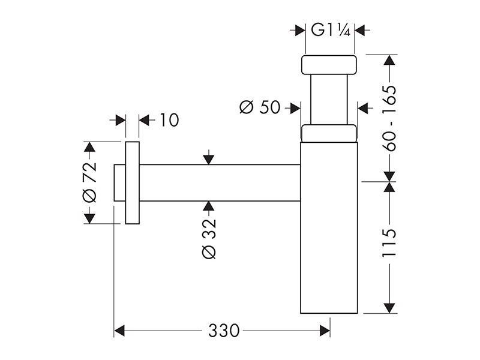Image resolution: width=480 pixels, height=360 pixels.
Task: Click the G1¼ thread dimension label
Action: (x=331, y=30)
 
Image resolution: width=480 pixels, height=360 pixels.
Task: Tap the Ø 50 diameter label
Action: (x=260, y=107)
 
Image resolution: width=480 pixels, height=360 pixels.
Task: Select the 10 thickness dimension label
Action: (x=169, y=120)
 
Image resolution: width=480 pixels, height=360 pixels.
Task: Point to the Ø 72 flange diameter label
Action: (x=89, y=182)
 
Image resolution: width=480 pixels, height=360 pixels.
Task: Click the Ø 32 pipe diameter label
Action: (x=209, y=239)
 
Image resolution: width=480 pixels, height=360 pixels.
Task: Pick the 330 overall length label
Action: (x=224, y=331)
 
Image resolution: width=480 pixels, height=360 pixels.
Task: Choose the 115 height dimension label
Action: (x=389, y=243)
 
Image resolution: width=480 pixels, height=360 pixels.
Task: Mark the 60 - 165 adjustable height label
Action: (x=389, y=118)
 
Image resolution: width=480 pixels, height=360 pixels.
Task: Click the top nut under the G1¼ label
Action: (x=329, y=65)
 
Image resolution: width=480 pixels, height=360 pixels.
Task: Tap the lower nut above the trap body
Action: (x=329, y=133)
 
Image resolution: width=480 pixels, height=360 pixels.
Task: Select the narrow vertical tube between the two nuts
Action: (x=329, y=100)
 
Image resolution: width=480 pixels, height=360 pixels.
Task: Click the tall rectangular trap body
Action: (x=329, y=228)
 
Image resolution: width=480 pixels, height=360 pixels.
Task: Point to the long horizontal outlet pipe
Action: (x=220, y=183)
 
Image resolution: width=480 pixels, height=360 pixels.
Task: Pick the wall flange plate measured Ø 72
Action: (x=132, y=183)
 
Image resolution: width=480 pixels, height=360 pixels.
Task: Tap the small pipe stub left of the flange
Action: (x=119, y=183)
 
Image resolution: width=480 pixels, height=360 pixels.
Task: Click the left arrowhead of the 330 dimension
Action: (x=119, y=331)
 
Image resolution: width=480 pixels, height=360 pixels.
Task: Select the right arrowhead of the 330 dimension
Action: (x=325, y=331)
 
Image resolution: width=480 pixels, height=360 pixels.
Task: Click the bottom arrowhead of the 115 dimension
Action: (x=389, y=308)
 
